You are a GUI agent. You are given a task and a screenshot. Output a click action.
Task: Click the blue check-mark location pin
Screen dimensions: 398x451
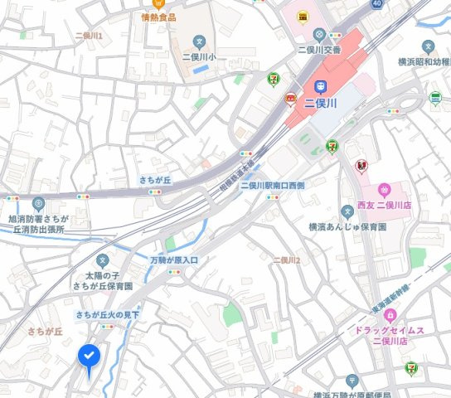tap(90, 356)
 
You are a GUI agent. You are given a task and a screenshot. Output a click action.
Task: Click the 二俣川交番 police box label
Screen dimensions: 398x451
tap(319, 49)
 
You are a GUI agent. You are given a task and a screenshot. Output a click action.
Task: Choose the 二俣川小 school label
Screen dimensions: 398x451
tap(198, 57)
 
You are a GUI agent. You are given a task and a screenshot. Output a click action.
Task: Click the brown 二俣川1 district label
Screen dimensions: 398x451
tap(88, 36)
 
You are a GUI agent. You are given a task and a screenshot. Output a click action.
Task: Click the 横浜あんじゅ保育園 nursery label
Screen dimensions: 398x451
tap(347, 226)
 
